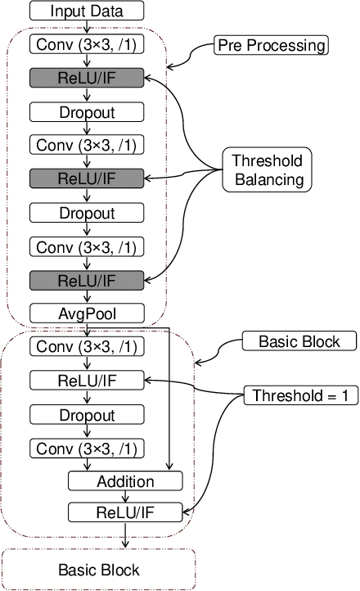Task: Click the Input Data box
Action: [88, 11]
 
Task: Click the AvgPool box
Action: [88, 313]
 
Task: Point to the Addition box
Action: [124, 481]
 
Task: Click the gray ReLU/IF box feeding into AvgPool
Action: [88, 279]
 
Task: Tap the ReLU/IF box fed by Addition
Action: [124, 513]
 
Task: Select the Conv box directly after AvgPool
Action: [88, 346]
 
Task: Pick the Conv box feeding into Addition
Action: [88, 448]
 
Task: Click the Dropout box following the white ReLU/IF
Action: [88, 414]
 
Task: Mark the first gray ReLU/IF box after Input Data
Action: [88, 78]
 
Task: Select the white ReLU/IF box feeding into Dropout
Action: [88, 380]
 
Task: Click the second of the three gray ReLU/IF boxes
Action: [88, 178]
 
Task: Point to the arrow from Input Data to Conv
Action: [88, 27]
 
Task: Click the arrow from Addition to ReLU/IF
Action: [124, 497]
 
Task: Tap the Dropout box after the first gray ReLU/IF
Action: [88, 111]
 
